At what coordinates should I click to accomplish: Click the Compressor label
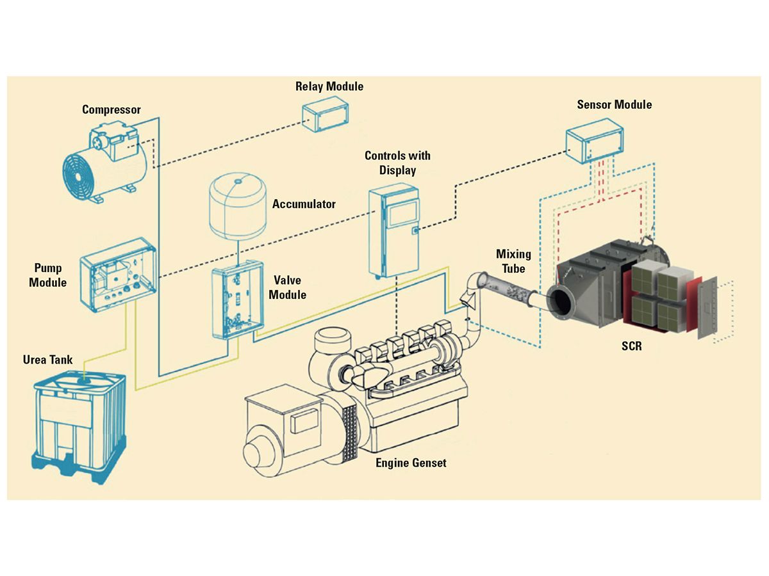[112, 110]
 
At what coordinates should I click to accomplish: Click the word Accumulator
[304, 204]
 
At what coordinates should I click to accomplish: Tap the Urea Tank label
[48, 360]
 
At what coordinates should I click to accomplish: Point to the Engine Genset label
[411, 462]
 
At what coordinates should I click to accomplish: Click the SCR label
[632, 346]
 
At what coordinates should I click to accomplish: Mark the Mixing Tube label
[513, 261]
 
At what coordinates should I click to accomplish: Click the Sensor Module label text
[614, 104]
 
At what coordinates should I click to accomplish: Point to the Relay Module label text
[329, 86]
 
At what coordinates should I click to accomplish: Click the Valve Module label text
[286, 287]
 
